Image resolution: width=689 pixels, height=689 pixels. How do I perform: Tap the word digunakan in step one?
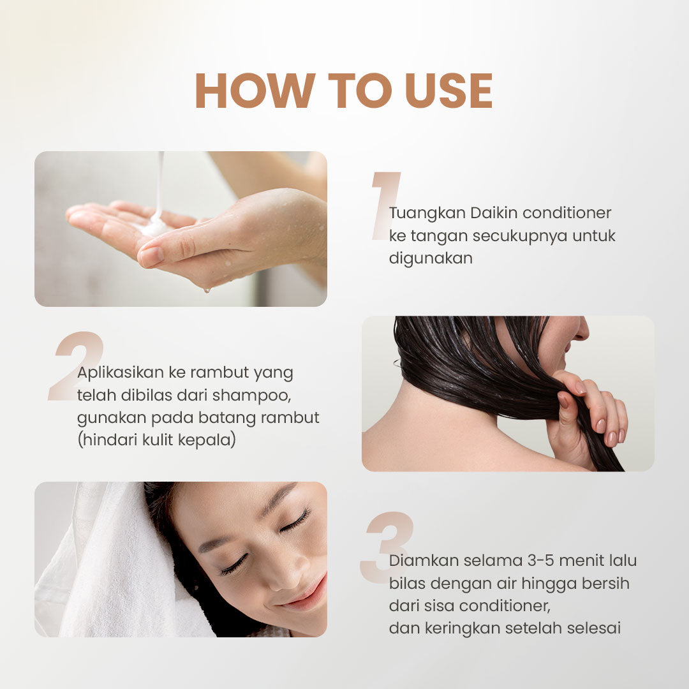click(431, 258)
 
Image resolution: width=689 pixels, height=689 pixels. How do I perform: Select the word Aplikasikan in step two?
click(119, 372)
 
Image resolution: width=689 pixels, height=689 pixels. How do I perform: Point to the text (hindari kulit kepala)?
click(156, 440)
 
